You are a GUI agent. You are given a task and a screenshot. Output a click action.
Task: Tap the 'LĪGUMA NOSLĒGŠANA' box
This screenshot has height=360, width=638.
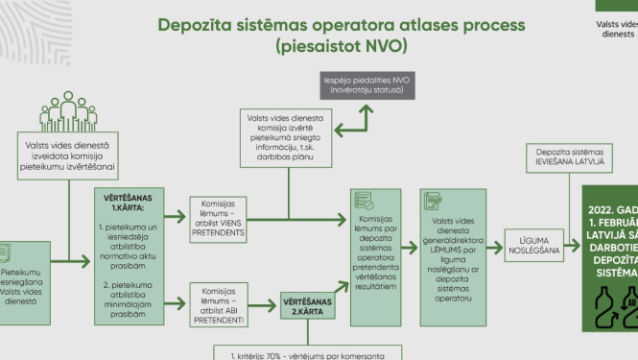[532, 247]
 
